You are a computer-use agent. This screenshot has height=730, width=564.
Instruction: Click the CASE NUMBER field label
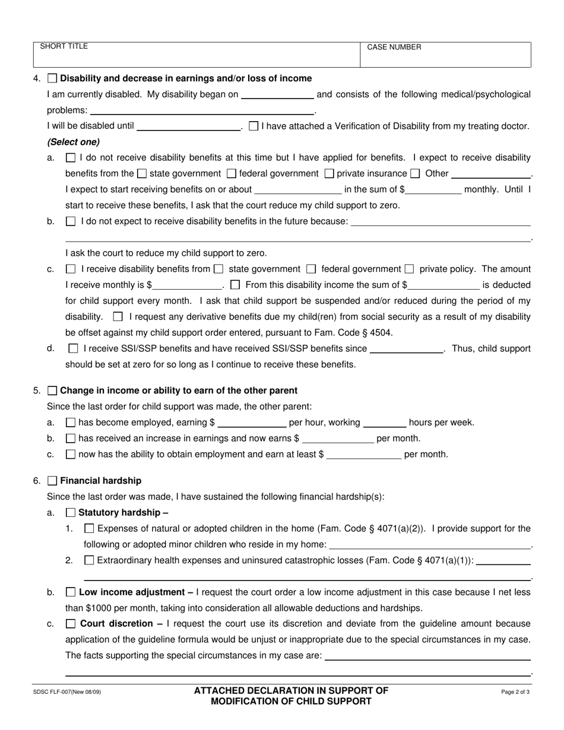[394, 47]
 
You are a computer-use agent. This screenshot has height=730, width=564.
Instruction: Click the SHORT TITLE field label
[64, 46]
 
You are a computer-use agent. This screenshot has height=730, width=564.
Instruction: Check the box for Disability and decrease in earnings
[53, 78]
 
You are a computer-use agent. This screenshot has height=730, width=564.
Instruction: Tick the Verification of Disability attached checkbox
[254, 126]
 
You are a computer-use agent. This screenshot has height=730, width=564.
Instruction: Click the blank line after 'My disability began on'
[277, 94]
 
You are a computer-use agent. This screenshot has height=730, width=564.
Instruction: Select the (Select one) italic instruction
[74, 142]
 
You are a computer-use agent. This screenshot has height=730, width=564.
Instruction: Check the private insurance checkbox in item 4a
[329, 174]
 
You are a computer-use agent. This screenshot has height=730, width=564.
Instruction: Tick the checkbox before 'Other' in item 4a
[415, 174]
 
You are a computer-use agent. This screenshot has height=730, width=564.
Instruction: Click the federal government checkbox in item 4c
[311, 269]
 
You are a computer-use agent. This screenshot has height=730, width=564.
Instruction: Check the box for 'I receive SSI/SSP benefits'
[73, 349]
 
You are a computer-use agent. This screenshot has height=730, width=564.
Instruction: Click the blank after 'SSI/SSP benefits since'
[407, 350]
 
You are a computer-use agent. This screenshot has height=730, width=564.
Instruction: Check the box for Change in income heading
[53, 391]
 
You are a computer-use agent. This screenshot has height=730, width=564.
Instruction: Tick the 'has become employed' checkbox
[71, 423]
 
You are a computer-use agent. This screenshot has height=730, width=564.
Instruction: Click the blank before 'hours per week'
[384, 423]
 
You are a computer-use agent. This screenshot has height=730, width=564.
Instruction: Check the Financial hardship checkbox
[53, 481]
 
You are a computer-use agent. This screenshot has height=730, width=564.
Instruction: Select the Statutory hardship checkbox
[71, 513]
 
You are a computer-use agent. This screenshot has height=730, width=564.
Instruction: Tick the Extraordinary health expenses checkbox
[89, 560]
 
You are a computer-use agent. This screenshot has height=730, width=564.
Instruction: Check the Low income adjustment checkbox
[71, 592]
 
